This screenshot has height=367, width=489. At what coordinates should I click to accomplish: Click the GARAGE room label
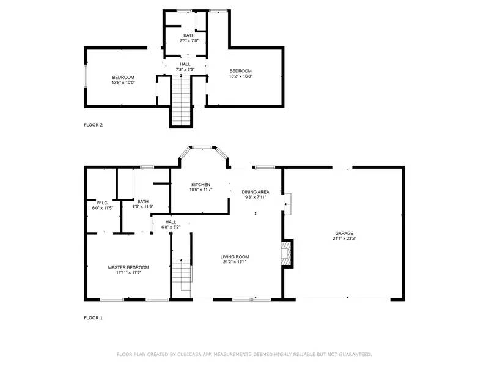point(344,234)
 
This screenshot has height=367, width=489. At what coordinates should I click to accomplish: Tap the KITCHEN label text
point(200,185)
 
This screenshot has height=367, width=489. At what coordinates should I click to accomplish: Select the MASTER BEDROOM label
point(128,267)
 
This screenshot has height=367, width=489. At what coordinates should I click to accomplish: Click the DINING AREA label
point(256,192)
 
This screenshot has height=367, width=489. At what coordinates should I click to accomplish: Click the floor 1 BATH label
point(142,201)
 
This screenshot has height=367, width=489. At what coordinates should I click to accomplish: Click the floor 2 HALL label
point(185,64)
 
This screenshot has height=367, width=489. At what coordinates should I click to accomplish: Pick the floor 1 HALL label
point(171,222)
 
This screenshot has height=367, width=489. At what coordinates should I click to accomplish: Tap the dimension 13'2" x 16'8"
point(240,76)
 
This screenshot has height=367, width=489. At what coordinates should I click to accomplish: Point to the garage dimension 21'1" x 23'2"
point(344,239)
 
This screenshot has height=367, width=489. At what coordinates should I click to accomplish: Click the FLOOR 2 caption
point(93,125)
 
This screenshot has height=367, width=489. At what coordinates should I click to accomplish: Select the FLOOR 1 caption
point(93,318)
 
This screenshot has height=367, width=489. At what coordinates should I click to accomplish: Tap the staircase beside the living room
point(182,275)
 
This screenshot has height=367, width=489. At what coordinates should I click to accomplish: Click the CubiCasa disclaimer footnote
point(244,354)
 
